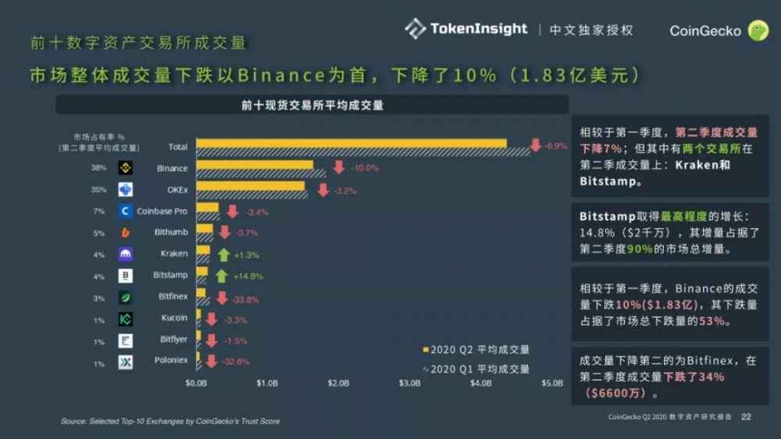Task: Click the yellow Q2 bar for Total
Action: click(351, 143)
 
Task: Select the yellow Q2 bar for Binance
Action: click(255, 165)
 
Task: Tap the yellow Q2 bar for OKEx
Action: click(251, 186)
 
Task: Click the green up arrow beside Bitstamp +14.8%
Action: click(222, 276)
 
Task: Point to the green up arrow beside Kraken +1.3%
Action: click(223, 255)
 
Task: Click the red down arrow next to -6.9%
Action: click(536, 145)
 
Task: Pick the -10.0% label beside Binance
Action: click(365, 168)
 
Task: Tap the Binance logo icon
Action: click(126, 168)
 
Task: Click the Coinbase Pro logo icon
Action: click(126, 211)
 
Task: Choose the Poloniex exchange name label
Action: click(169, 360)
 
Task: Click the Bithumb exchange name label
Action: click(171, 233)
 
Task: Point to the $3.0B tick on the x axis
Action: click(410, 384)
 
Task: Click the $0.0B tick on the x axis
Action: click(196, 384)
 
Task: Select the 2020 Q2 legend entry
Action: click(476, 349)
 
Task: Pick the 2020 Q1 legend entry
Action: click(476, 369)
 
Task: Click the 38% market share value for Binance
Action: click(98, 168)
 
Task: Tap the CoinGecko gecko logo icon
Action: click(758, 30)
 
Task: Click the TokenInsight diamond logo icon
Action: click(415, 29)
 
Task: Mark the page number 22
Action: click(745, 417)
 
